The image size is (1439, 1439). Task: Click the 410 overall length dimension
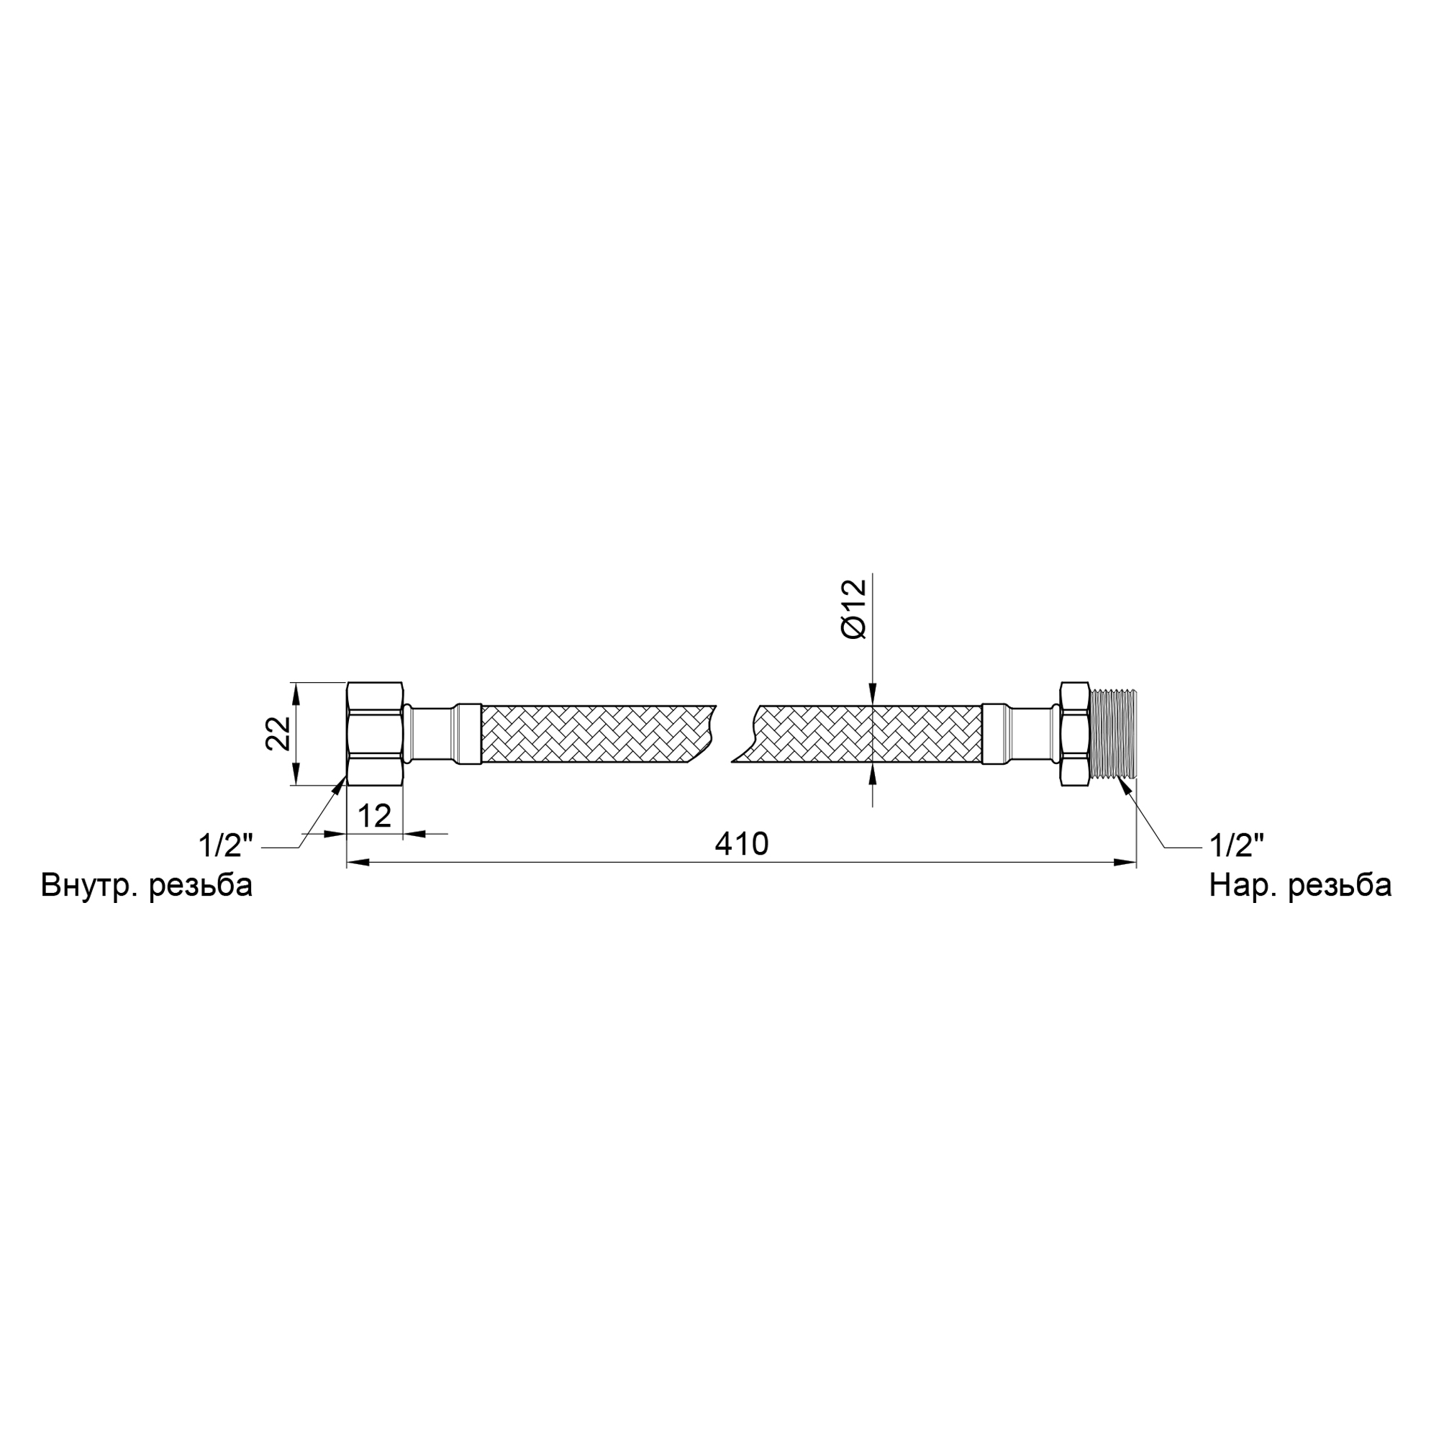tap(741, 845)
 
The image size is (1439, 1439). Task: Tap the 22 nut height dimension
tap(278, 734)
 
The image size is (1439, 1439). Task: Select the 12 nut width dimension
tap(374, 817)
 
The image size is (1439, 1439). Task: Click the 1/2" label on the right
tap(1236, 846)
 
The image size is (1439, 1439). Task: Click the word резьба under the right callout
tap(1340, 886)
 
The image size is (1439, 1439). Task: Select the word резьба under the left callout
tap(201, 886)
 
